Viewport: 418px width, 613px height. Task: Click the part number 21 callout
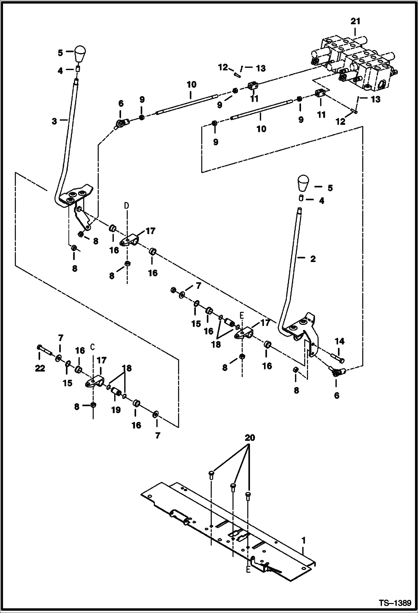(355, 21)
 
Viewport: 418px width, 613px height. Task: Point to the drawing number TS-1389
(395, 602)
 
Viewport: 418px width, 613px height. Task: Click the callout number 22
(40, 368)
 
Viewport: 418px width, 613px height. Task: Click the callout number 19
(116, 410)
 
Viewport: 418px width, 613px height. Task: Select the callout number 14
(340, 341)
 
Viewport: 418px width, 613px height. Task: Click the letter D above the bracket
(127, 206)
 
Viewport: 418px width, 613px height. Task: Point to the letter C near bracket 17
(93, 347)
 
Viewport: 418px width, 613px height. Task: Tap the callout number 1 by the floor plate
(303, 540)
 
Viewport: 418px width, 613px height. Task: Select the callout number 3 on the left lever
(54, 121)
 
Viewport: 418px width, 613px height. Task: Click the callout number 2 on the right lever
(313, 259)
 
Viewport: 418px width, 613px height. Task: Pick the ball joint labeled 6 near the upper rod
(121, 123)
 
